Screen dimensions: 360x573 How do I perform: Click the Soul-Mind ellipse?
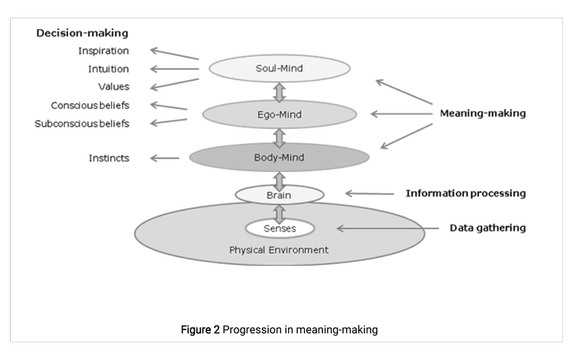(279, 69)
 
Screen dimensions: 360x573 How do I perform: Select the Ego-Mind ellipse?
(279, 114)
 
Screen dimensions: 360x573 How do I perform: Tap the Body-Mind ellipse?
(279, 158)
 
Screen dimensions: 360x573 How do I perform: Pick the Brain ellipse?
(279, 195)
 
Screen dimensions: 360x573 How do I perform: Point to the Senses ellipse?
(279, 228)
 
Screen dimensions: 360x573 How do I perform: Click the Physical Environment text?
(279, 250)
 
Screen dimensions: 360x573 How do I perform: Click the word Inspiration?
(103, 51)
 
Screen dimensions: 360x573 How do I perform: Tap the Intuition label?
(108, 70)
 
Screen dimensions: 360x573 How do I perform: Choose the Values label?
(113, 87)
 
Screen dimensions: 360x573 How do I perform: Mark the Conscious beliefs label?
(90, 105)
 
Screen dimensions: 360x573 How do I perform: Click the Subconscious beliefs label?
(82, 124)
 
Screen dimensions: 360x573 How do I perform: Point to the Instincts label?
(108, 158)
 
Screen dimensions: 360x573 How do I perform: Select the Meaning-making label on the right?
(482, 113)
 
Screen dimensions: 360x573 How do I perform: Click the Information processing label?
(465, 193)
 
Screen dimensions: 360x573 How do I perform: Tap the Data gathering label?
(487, 228)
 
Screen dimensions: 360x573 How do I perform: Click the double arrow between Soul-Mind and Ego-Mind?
(279, 92)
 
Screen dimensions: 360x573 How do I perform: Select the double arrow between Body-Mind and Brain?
(279, 180)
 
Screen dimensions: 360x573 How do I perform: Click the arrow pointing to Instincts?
(164, 158)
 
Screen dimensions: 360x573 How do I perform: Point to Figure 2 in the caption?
(199, 329)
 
